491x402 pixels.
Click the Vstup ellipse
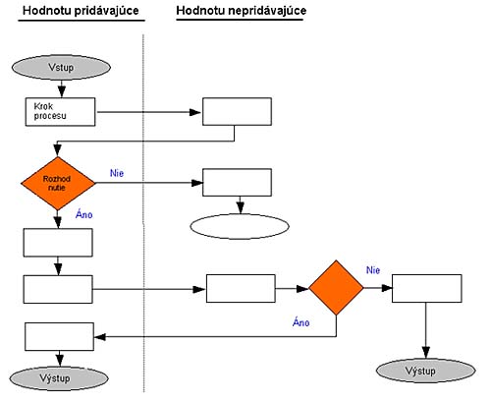click(x=61, y=67)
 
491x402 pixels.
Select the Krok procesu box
click(x=61, y=112)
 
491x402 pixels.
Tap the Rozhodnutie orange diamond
click(x=58, y=183)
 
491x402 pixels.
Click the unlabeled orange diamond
click(x=336, y=288)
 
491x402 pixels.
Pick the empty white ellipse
click(x=240, y=226)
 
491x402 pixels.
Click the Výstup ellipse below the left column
click(x=59, y=378)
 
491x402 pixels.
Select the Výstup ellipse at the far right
click(x=426, y=371)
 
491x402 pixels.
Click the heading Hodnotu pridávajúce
click(x=81, y=11)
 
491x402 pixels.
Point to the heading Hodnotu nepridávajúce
click(x=242, y=11)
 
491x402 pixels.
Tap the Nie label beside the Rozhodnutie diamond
click(x=117, y=173)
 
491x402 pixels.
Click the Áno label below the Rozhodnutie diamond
click(x=84, y=214)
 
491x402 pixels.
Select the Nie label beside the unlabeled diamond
click(x=373, y=270)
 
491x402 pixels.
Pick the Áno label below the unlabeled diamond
click(x=301, y=322)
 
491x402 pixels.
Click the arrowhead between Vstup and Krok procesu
click(x=62, y=91)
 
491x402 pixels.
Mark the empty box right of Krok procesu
click(x=237, y=111)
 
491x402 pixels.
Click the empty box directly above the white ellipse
click(x=237, y=183)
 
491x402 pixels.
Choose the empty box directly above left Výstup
click(x=60, y=337)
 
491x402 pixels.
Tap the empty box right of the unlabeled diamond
click(x=427, y=288)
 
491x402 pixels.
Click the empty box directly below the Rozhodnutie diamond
click(x=58, y=243)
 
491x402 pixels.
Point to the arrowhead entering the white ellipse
click(x=241, y=207)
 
